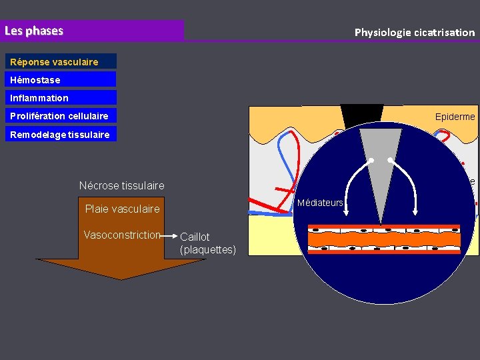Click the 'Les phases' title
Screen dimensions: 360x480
[x=34, y=31]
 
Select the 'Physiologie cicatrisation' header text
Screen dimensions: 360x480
[x=414, y=32]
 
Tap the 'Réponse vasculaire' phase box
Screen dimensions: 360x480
[x=54, y=62]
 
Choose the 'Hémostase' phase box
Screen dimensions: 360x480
[x=35, y=80]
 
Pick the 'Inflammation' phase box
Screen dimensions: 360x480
[x=39, y=98]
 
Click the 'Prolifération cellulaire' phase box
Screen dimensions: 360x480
[x=59, y=116]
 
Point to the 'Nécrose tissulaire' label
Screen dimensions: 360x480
[x=121, y=185]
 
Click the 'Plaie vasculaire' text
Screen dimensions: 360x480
[x=122, y=209]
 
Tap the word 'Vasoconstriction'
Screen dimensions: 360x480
[x=122, y=235]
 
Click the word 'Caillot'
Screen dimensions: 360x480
[x=195, y=237]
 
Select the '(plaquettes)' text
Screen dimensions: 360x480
[x=207, y=249]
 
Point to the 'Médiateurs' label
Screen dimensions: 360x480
[x=320, y=203]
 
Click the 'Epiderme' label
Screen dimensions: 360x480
[x=455, y=117]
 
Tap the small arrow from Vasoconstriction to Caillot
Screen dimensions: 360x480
[x=171, y=235]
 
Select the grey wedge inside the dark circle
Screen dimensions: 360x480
[x=381, y=167]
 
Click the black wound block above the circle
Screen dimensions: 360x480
[x=361, y=113]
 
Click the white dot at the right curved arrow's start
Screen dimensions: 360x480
[x=389, y=161]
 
